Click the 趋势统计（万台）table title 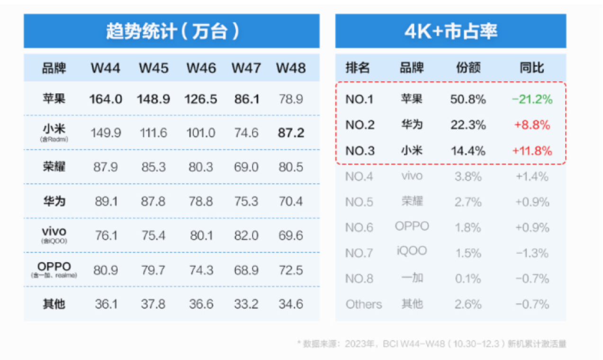click(x=172, y=31)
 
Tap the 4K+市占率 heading click(x=450, y=31)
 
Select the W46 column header click(x=201, y=68)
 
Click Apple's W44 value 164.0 click(x=106, y=99)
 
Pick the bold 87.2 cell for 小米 click(x=291, y=133)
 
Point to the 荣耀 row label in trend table click(x=54, y=167)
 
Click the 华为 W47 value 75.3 click(x=246, y=201)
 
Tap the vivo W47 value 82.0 click(x=246, y=235)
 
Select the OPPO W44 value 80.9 click(x=106, y=270)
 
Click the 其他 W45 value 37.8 click(x=153, y=304)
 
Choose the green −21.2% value click(x=532, y=99)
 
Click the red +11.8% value click(x=532, y=151)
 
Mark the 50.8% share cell click(x=468, y=99)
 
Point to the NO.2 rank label click(x=360, y=125)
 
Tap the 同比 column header click(x=531, y=68)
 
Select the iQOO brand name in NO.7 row click(x=412, y=251)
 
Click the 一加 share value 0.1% click(x=468, y=279)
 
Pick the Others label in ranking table click(x=364, y=304)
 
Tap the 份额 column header click(x=468, y=68)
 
